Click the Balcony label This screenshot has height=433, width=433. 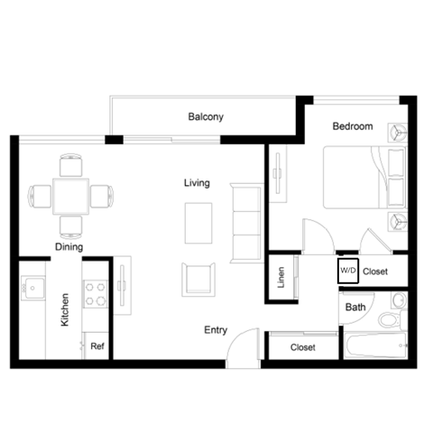click(206, 117)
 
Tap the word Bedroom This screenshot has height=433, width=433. click(352, 127)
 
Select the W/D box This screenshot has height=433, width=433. click(348, 270)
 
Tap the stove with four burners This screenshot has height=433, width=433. click(96, 293)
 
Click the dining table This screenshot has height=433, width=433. click(70, 196)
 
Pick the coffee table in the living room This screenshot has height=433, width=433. click(198, 223)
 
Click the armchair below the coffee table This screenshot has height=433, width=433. click(199, 280)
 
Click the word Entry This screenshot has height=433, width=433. click(215, 330)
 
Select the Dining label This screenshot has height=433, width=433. click(69, 246)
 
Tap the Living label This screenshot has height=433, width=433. click(197, 183)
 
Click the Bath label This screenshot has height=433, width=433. click(355, 308)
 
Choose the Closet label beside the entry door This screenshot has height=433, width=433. click(303, 347)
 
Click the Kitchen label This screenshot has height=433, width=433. click(65, 309)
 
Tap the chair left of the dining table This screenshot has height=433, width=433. click(39, 196)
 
